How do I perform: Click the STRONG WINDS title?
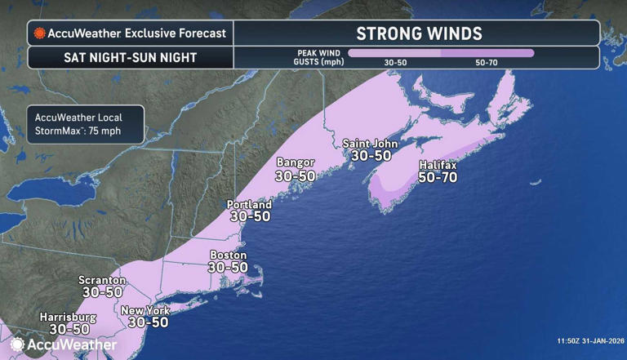tap(419, 33)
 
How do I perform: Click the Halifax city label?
tap(437, 165)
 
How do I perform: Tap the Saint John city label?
tap(370, 143)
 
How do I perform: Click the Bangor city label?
tap(296, 162)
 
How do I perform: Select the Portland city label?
tap(250, 204)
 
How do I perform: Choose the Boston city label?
tap(229, 255)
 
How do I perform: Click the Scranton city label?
tap(102, 280)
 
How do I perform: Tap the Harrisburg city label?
tap(68, 317)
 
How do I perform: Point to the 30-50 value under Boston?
tap(228, 267)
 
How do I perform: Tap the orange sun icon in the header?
tap(38, 34)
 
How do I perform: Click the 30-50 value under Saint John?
tap(371, 154)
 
